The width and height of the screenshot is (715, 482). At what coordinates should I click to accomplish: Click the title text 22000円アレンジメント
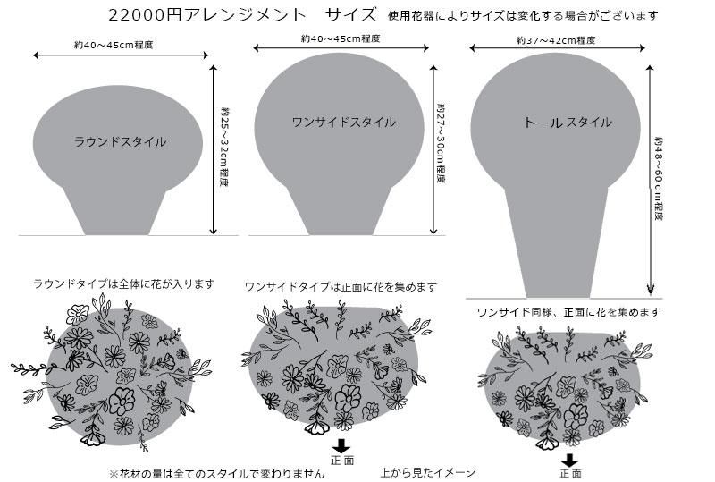pos(207,15)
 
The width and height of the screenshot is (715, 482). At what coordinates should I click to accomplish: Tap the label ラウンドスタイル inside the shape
pos(120,142)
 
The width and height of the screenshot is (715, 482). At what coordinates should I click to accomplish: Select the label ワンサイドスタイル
pos(344,123)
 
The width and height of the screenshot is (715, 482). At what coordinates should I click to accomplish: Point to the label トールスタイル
pos(568,123)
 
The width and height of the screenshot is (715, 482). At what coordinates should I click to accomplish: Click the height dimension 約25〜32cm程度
pos(224,147)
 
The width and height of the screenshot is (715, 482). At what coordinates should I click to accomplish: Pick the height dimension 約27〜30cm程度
pos(441,143)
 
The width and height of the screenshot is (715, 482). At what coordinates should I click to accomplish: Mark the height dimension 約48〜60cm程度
pos(659,179)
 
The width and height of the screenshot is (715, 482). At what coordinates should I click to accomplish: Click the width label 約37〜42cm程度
pos(556,40)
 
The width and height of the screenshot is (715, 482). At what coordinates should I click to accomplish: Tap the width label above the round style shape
pos(114,45)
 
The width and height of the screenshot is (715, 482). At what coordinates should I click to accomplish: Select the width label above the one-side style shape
pos(341,38)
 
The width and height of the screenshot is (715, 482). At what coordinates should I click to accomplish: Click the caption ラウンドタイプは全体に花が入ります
pos(123,284)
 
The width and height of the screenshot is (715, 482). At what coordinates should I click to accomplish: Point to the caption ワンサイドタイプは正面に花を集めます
pos(341,287)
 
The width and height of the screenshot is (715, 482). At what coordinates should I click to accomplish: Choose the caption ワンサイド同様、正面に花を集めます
pos(568,312)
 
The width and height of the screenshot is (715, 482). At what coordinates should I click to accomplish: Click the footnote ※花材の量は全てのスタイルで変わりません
pos(217,474)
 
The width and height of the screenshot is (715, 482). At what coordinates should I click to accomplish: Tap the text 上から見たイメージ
pos(428,472)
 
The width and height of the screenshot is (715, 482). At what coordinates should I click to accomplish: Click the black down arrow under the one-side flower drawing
pos(341,446)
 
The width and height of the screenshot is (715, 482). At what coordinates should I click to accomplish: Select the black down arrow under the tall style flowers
pos(569,460)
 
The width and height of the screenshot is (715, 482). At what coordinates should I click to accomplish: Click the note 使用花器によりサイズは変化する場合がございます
pos(523,15)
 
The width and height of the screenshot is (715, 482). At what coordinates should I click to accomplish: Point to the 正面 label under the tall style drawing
pos(570,474)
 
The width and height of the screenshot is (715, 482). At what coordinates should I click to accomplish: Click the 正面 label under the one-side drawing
pos(342,460)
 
